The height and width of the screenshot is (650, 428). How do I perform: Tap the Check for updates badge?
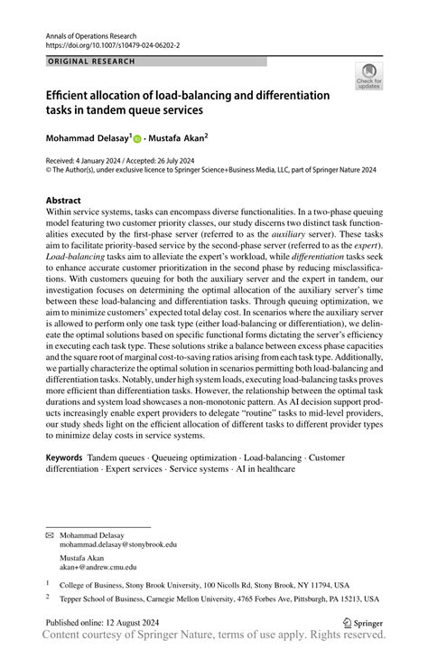tap(368, 79)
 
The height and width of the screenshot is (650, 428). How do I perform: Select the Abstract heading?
tap(66, 199)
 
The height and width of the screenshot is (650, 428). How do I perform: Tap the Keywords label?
tap(65, 458)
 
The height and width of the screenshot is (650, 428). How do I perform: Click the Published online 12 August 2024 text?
tap(104, 623)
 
